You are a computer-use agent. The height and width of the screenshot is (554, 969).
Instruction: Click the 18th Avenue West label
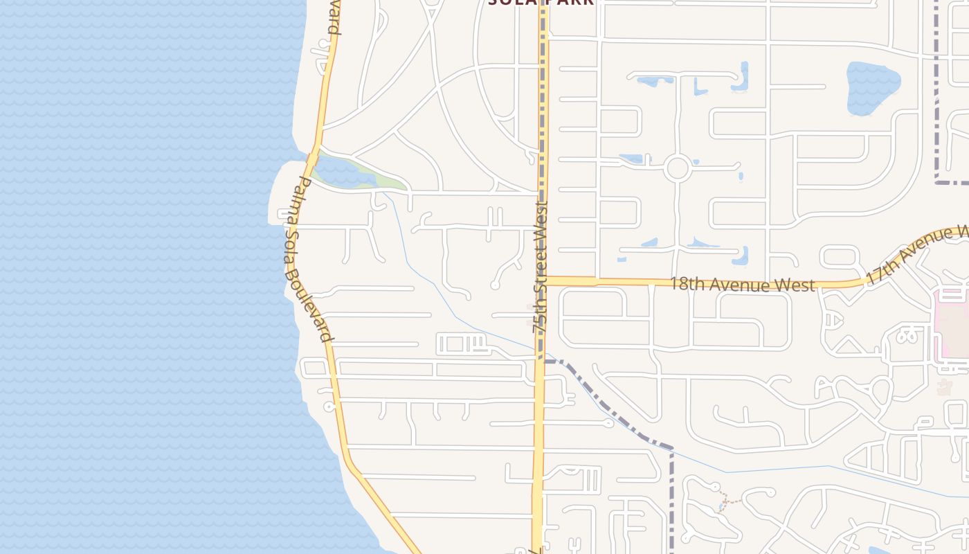pyautogui.click(x=742, y=284)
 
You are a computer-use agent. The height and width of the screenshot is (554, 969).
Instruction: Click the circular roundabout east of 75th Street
pyautogui.click(x=678, y=168)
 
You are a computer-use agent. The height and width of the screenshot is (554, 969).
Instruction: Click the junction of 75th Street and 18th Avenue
pyautogui.click(x=542, y=281)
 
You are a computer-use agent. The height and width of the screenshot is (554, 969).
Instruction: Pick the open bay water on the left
pyautogui.click(x=138, y=277)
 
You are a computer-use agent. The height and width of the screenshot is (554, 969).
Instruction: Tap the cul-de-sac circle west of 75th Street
pyautogui.click(x=495, y=285)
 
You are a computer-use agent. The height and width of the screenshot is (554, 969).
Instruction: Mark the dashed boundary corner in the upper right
pyautogui.click(x=938, y=181)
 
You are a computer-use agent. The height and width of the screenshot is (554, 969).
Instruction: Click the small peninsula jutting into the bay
pyautogui.click(x=280, y=194)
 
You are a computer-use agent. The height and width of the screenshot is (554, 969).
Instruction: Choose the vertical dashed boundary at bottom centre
pyautogui.click(x=671, y=499)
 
